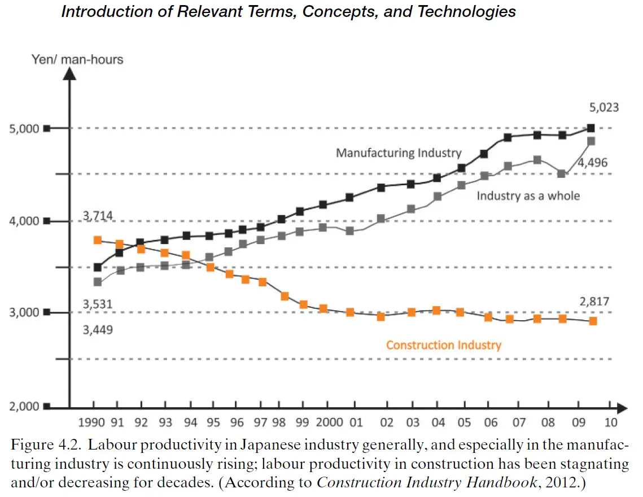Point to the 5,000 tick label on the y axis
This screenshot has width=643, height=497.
click(x=23, y=129)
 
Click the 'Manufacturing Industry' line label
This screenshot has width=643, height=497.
click(x=399, y=152)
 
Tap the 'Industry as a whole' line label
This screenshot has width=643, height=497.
click(x=528, y=196)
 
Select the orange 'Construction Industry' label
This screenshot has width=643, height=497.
click(x=443, y=345)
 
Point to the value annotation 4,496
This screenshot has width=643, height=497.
click(x=592, y=163)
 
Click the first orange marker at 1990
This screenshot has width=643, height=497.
click(x=97, y=241)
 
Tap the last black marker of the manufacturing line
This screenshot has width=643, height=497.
click(x=590, y=128)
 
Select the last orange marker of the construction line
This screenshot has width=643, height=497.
click(x=593, y=321)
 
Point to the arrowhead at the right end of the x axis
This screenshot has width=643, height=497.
click(x=622, y=407)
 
